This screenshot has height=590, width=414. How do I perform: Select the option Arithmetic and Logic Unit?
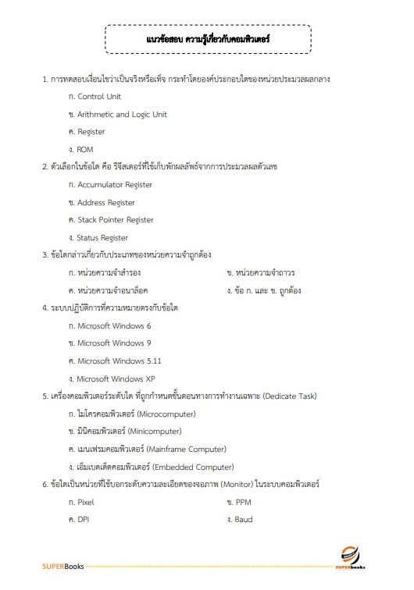tap(122, 114)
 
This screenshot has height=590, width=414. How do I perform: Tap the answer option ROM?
tap(85, 149)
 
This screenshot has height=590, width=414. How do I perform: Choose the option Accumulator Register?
tap(115, 185)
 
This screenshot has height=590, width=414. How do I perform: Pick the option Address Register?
tap(106, 203)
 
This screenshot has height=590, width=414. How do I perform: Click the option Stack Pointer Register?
tap(116, 220)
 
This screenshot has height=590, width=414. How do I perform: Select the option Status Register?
tap(102, 238)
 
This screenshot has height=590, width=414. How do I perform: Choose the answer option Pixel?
tap(85, 502)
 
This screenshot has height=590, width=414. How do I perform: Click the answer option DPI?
tap(83, 519)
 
